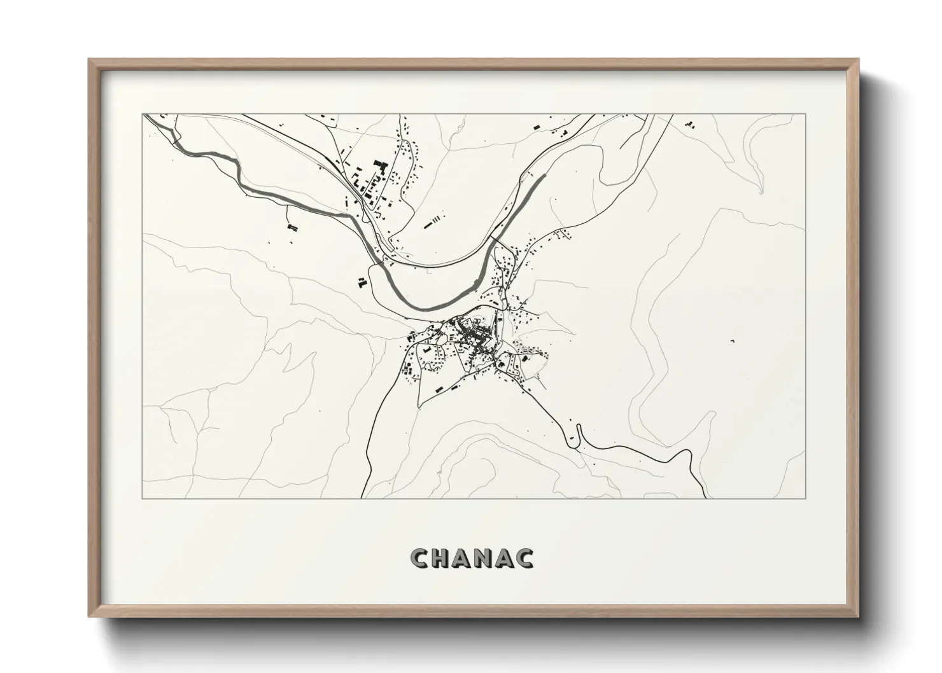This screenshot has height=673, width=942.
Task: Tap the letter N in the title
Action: tap(488, 558)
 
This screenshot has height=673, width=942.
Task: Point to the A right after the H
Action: tap(467, 558)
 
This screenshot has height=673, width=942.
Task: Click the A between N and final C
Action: tap(507, 558)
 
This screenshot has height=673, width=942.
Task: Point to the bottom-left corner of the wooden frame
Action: tap(90, 616)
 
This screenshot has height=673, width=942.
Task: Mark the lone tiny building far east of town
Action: tap(733, 342)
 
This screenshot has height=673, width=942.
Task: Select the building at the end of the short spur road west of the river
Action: tap(292, 226)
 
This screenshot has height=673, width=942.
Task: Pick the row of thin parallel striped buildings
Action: tap(432, 222)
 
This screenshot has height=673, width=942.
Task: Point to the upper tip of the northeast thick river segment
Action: tap(545, 174)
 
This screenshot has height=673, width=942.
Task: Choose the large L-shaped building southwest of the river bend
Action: tap(362, 282)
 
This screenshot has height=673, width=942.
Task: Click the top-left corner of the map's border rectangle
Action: tap(143, 114)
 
